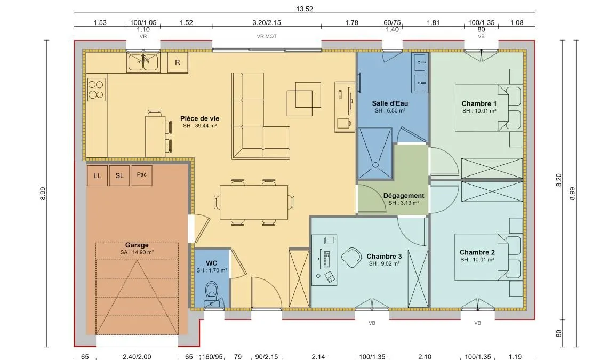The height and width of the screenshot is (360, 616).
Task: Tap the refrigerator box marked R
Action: click(x=178, y=62)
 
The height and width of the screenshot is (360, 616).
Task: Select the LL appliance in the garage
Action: click(x=97, y=175)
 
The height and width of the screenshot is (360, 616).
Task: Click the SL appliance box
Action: click(x=119, y=175)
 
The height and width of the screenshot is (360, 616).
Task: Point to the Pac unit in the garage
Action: click(x=142, y=175)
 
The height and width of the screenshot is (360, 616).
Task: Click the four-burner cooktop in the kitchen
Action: click(x=96, y=89)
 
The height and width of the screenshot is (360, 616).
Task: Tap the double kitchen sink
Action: click(x=143, y=62)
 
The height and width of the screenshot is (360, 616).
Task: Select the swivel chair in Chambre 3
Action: click(x=351, y=258)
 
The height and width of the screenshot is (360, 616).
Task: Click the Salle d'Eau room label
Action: click(x=390, y=103)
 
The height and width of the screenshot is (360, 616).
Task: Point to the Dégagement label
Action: click(x=404, y=195)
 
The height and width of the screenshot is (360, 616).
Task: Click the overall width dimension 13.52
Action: click(x=305, y=9)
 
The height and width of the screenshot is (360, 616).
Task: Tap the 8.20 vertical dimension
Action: click(x=558, y=180)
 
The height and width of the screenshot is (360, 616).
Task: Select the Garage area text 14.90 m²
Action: click(x=137, y=252)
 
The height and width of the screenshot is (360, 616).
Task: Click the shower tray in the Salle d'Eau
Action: click(x=375, y=153)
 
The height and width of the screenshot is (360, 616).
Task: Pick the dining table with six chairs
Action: click(x=254, y=202)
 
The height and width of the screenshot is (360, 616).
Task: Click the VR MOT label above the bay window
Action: click(x=267, y=36)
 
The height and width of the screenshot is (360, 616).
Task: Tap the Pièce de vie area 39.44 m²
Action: click(x=200, y=126)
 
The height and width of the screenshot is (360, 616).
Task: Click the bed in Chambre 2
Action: click(x=489, y=257)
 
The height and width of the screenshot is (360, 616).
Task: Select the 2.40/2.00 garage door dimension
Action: click(x=137, y=356)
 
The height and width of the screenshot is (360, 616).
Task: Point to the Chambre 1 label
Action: click(x=479, y=104)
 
